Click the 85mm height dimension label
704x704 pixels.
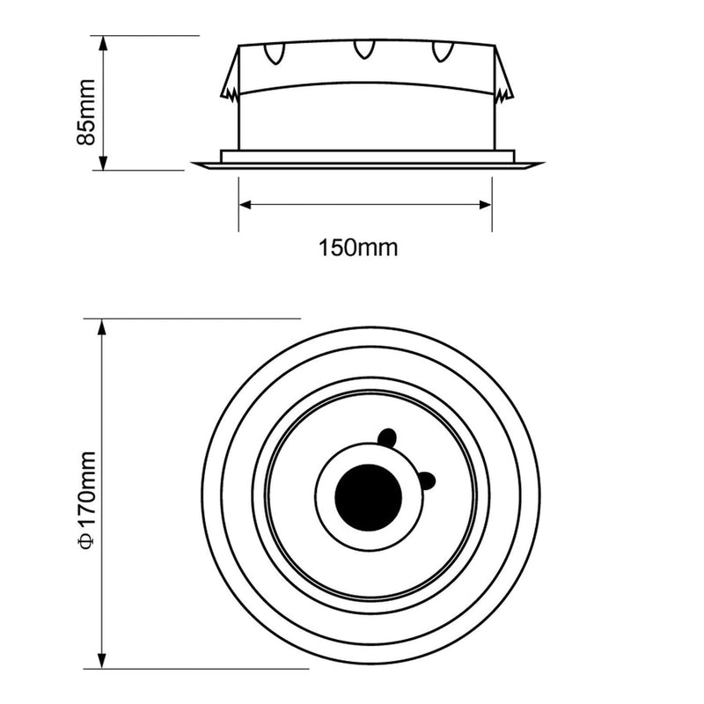coord(86,113)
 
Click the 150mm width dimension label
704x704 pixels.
coord(358,248)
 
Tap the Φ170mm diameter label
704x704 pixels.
coord(86,500)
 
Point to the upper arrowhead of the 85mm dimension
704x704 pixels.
coord(103,43)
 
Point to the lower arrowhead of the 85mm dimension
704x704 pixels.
coord(103,163)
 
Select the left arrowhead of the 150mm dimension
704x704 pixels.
coord(246,205)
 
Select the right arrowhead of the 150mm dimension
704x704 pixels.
coord(486,205)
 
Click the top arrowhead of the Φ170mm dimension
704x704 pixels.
coord(102,327)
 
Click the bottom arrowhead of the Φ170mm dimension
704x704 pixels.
coord(102,661)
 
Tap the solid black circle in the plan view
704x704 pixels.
coord(369,497)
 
